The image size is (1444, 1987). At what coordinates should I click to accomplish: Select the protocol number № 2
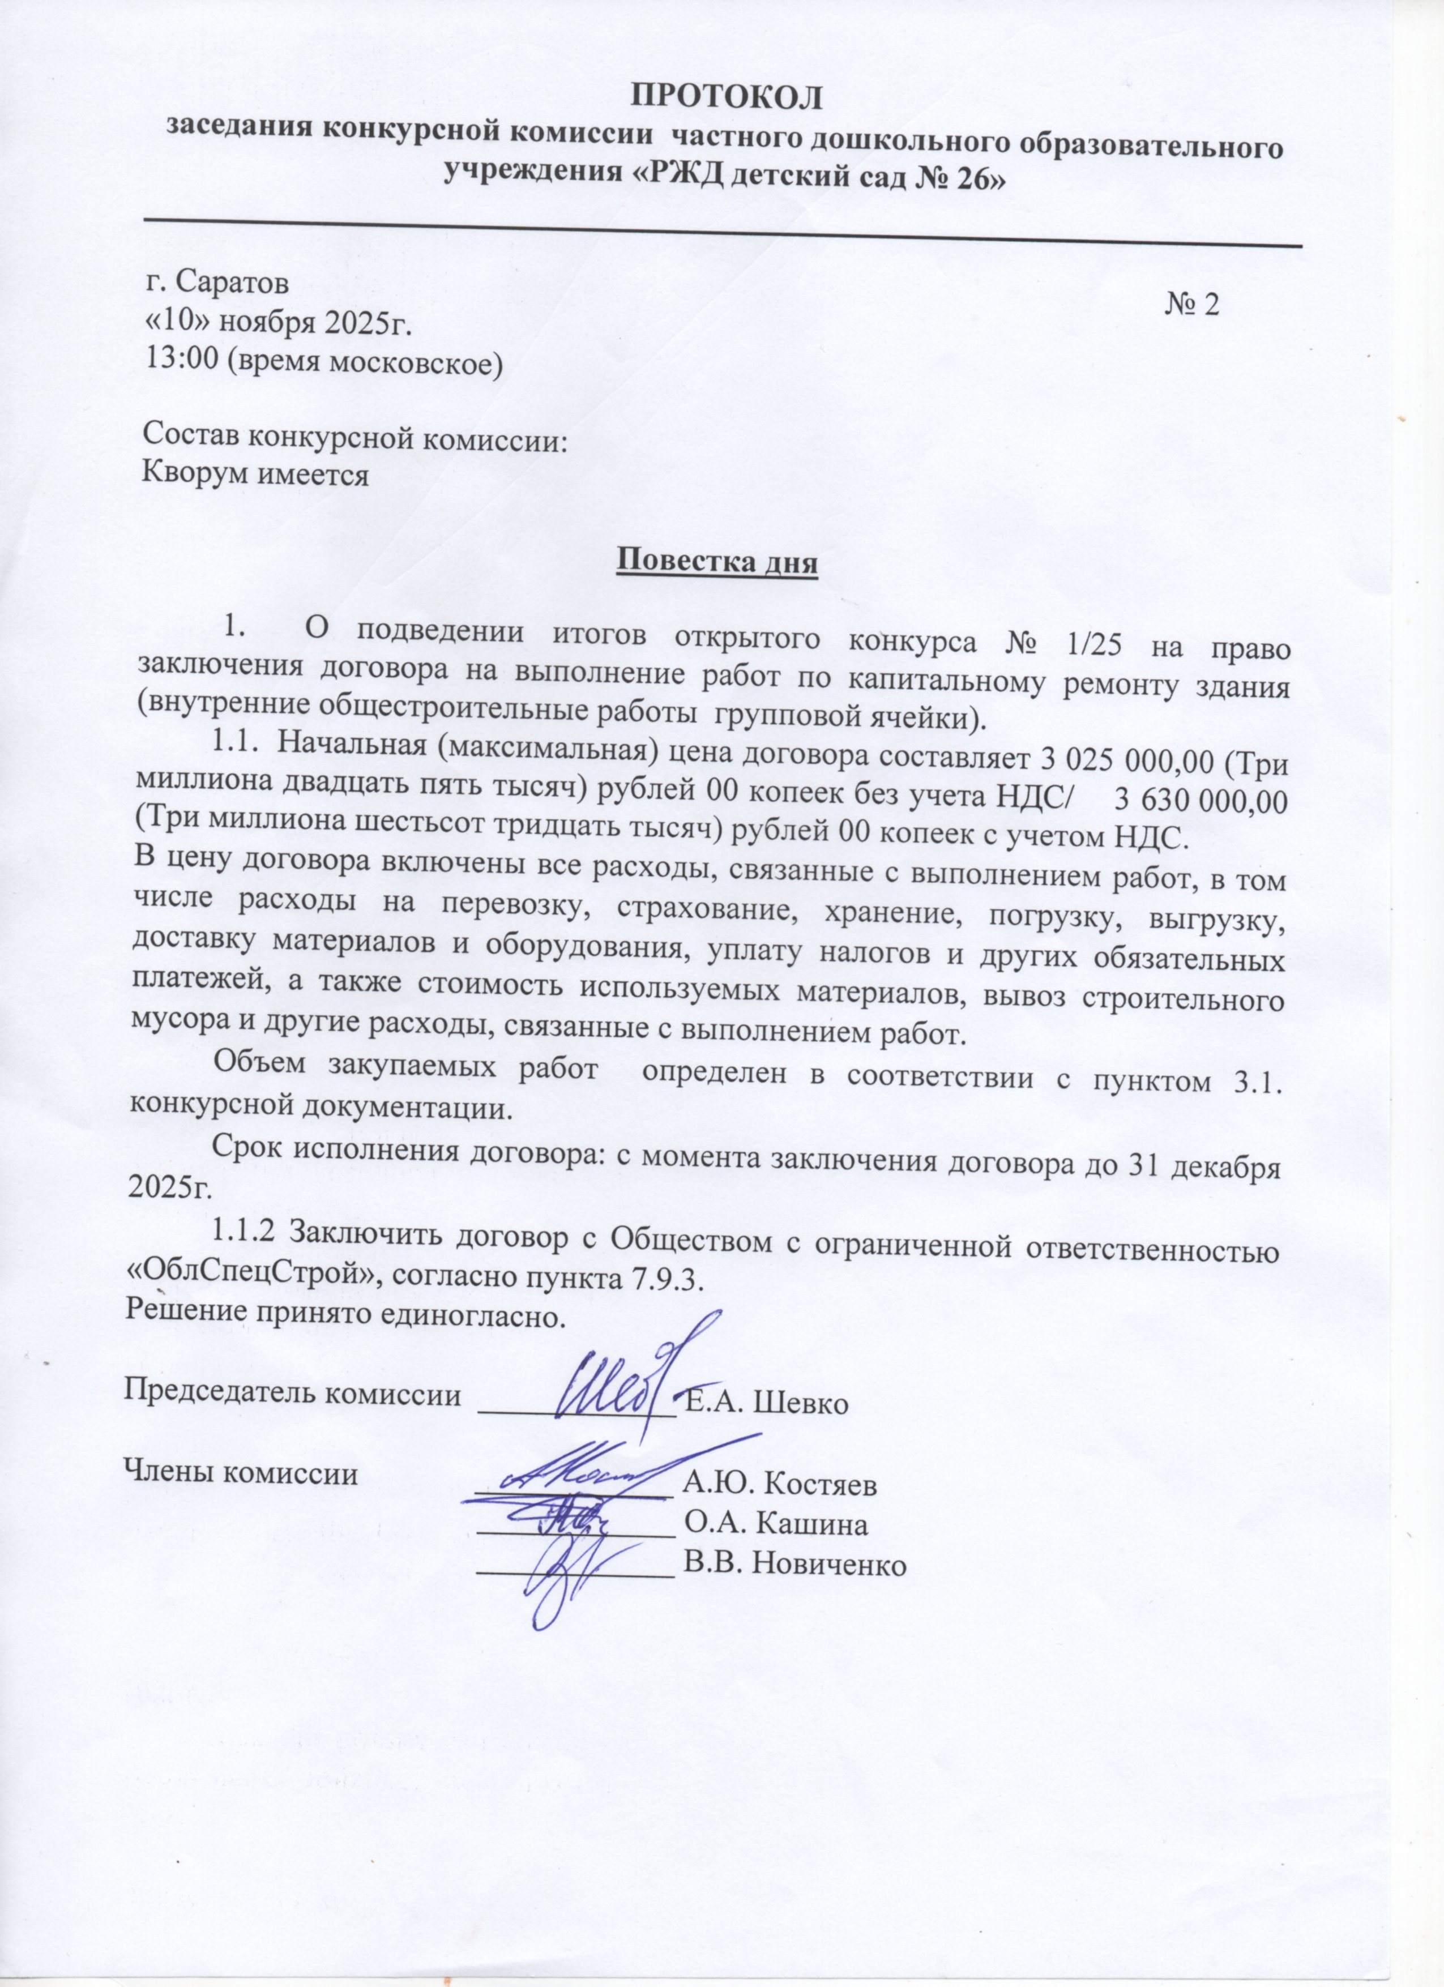[x=1193, y=304]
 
